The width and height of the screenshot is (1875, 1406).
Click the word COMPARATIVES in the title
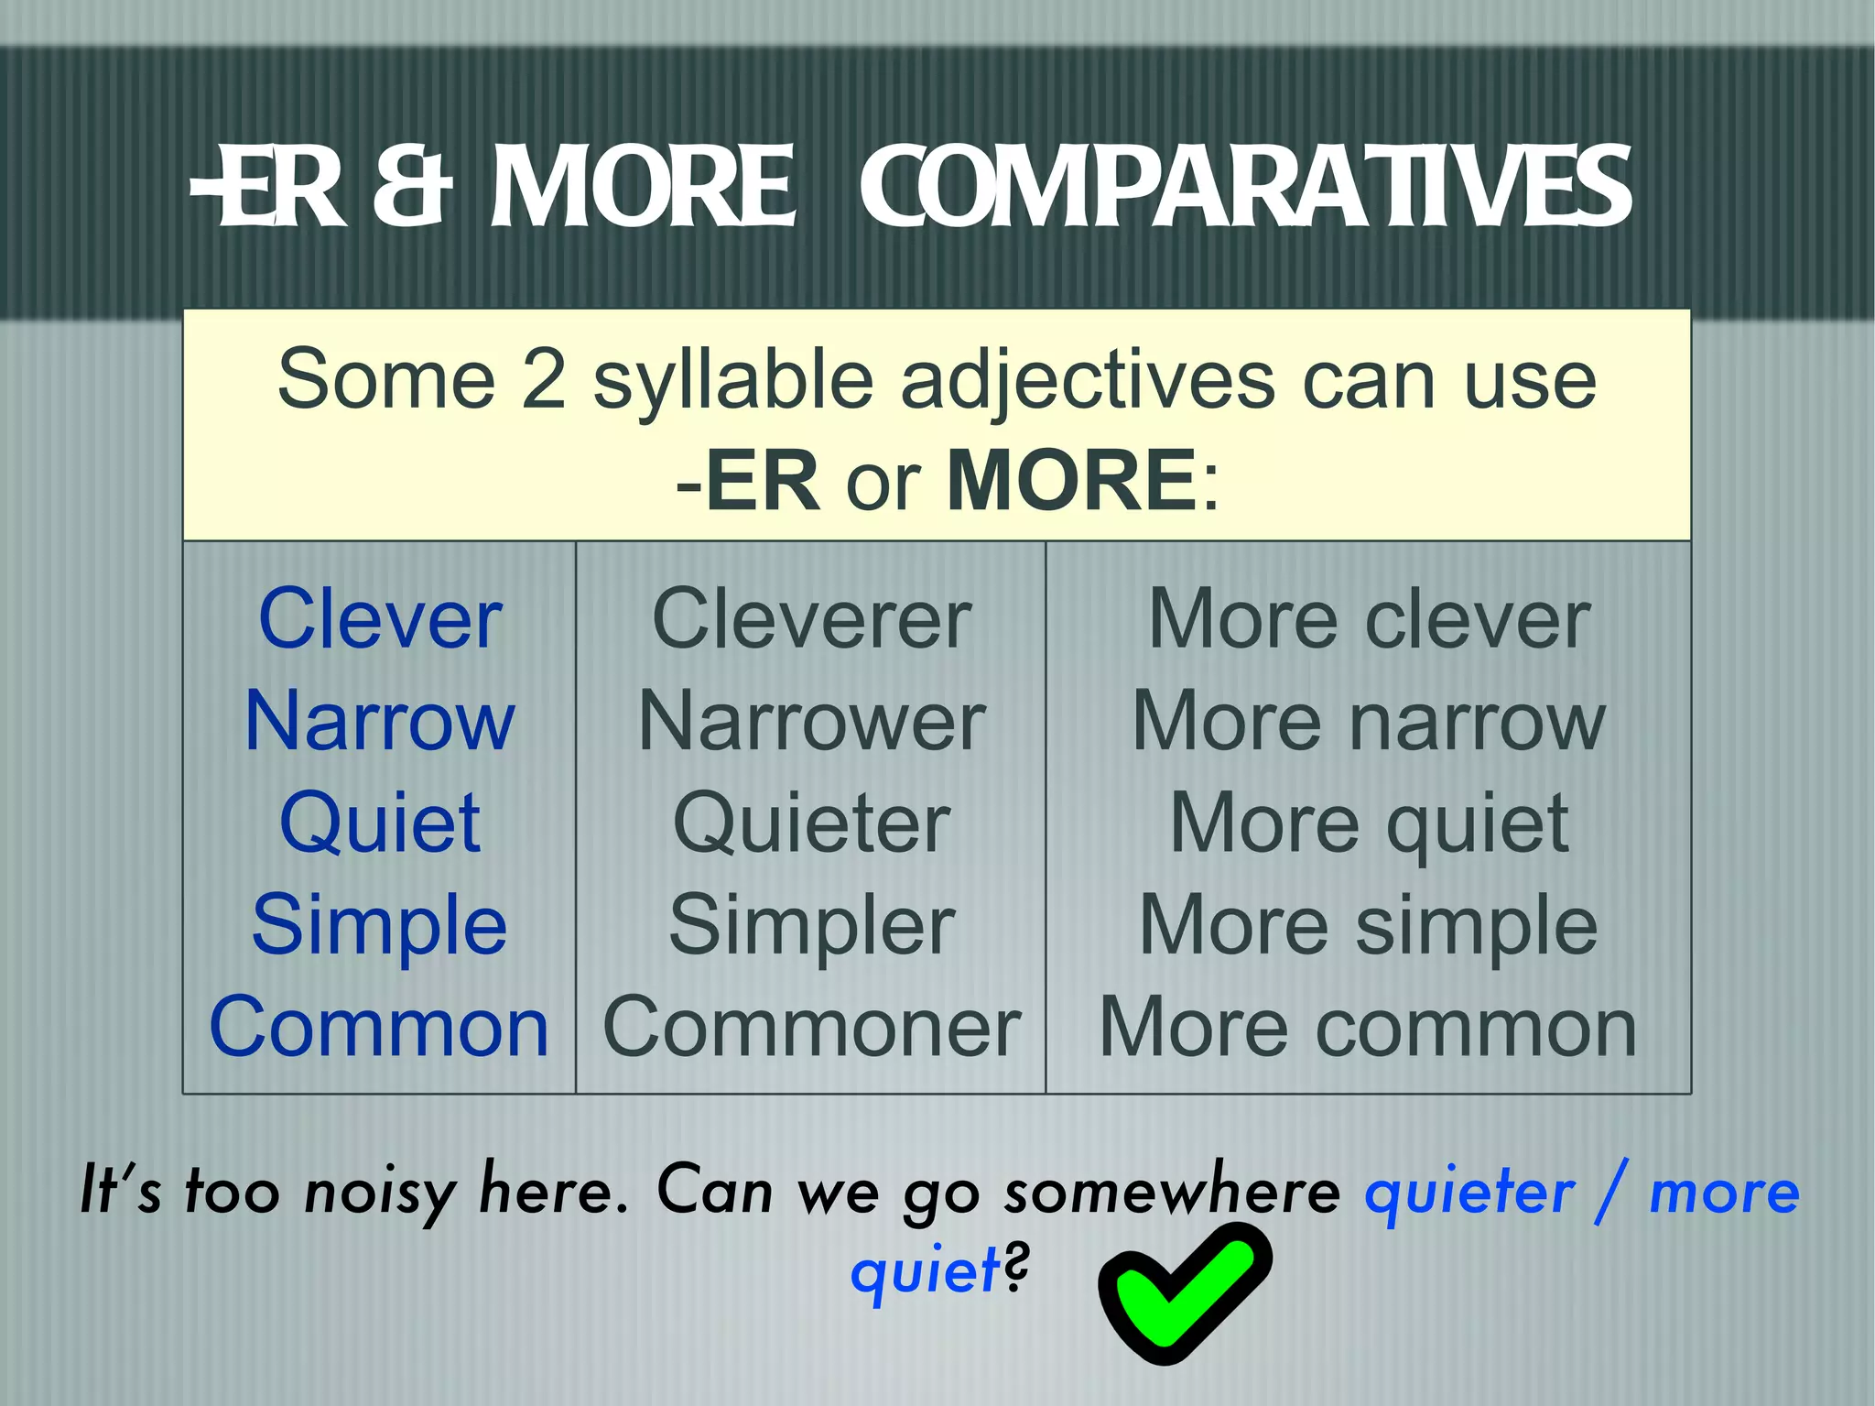(x=1245, y=188)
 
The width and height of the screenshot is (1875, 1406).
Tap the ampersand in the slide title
(x=414, y=188)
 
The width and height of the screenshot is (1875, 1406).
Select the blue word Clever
(x=380, y=620)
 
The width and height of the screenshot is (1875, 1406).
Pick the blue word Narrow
(x=380, y=722)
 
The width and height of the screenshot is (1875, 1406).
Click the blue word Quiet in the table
(x=380, y=823)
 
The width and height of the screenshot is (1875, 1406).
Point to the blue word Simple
(x=380, y=925)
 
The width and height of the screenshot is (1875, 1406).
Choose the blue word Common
(x=379, y=1028)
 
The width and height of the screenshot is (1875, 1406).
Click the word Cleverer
(x=811, y=620)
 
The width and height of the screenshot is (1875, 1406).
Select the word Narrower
(x=811, y=722)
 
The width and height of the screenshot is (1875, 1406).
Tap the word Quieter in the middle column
(x=811, y=823)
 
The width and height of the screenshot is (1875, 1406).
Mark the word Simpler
(x=811, y=925)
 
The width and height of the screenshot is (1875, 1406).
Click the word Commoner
(x=811, y=1028)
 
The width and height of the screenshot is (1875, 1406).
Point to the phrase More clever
(x=1369, y=620)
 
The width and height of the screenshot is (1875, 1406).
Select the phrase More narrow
(x=1369, y=722)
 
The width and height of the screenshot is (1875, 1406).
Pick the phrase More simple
(x=1369, y=925)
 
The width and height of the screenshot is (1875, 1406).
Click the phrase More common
(x=1369, y=1028)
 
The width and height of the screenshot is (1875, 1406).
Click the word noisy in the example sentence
(x=379, y=1193)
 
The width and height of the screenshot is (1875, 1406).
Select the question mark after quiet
(x=1016, y=1269)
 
